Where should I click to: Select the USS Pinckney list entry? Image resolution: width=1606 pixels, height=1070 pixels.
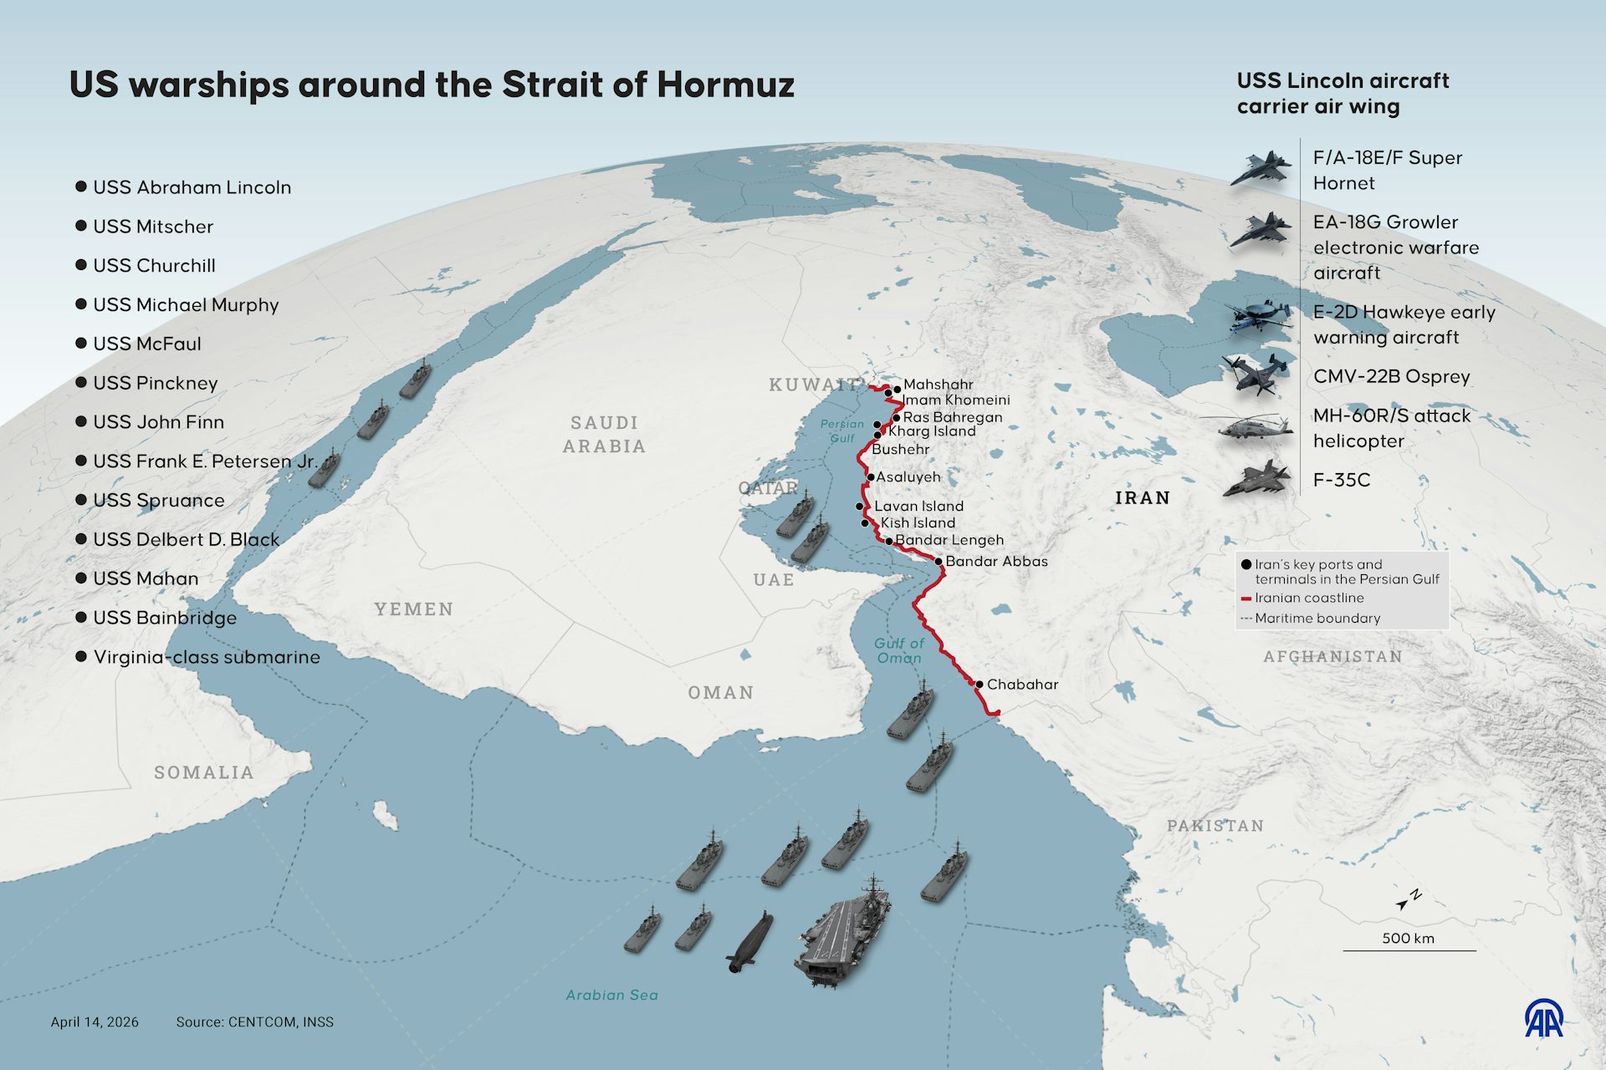[x=155, y=383]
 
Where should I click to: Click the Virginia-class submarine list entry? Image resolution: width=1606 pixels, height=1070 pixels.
[x=206, y=657]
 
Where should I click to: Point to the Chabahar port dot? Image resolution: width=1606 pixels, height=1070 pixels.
[x=979, y=685]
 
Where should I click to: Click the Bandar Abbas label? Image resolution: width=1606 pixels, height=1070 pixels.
[x=995, y=562]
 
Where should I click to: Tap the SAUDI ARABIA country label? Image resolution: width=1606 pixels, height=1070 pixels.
[x=604, y=435]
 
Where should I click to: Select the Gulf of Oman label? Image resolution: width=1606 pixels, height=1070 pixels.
[x=899, y=650]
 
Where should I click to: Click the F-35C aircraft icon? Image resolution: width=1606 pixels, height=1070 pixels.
[x=1258, y=480]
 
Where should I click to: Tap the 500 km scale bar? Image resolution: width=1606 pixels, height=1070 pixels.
[x=1409, y=950]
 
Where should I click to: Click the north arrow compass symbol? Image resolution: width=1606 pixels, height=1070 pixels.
[x=1409, y=900]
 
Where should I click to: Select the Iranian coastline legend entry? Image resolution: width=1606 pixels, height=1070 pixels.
[x=1308, y=599]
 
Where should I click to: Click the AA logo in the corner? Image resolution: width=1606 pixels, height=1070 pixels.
[x=1543, y=1017]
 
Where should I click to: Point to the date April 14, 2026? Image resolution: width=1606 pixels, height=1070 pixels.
[x=95, y=1022]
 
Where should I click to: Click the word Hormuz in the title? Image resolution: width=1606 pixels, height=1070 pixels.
[x=725, y=85]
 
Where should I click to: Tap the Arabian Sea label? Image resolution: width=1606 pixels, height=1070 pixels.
[x=611, y=995]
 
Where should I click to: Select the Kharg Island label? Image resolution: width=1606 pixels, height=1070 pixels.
[x=931, y=431]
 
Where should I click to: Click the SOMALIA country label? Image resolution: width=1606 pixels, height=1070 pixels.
[x=204, y=772]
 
